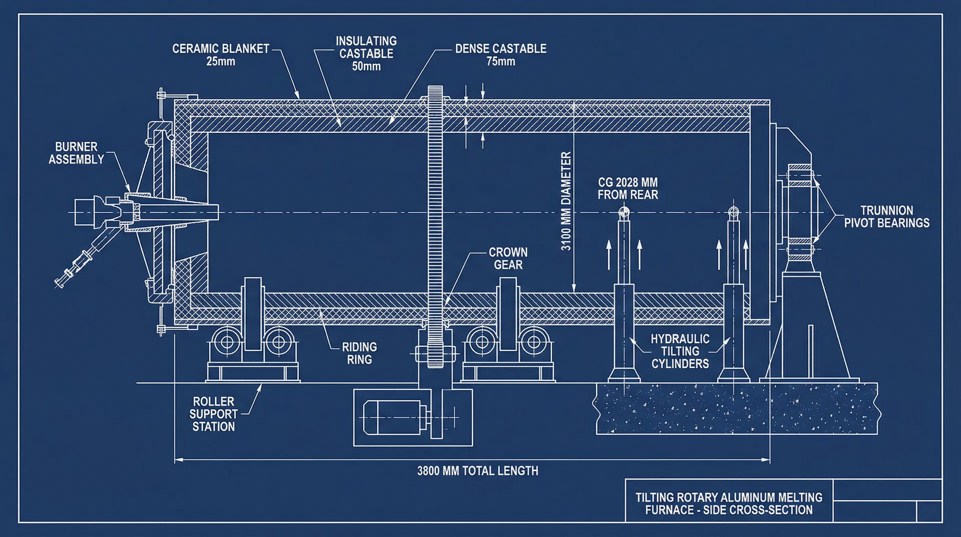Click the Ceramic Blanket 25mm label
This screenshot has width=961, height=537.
pyautogui.click(x=221, y=55)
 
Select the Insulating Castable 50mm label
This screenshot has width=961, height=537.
pyautogui.click(x=366, y=54)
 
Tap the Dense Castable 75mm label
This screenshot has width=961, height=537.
pyautogui.click(x=501, y=55)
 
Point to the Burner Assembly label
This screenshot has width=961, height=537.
pyautogui.click(x=76, y=153)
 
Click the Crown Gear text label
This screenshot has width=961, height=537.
pyautogui.click(x=508, y=258)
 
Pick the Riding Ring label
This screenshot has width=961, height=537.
pyautogui.click(x=359, y=353)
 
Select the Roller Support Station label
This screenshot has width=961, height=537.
pyautogui.click(x=214, y=414)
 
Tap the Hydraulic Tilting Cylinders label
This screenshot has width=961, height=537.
pyautogui.click(x=680, y=351)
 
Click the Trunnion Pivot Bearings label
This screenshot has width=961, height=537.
pyautogui.click(x=886, y=217)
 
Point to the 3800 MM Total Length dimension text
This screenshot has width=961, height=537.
pyautogui.click(x=477, y=471)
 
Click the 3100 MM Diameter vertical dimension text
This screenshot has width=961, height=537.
pyautogui.click(x=566, y=201)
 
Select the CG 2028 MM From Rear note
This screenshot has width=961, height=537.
pyautogui.click(x=628, y=189)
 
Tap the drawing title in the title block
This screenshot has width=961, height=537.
pyautogui.click(x=729, y=504)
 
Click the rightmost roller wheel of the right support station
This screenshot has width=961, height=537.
pyautogui.click(x=534, y=343)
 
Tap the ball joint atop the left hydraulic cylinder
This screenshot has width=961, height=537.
pyautogui.click(x=624, y=212)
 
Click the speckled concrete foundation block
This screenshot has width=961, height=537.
pyautogui.click(x=736, y=409)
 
